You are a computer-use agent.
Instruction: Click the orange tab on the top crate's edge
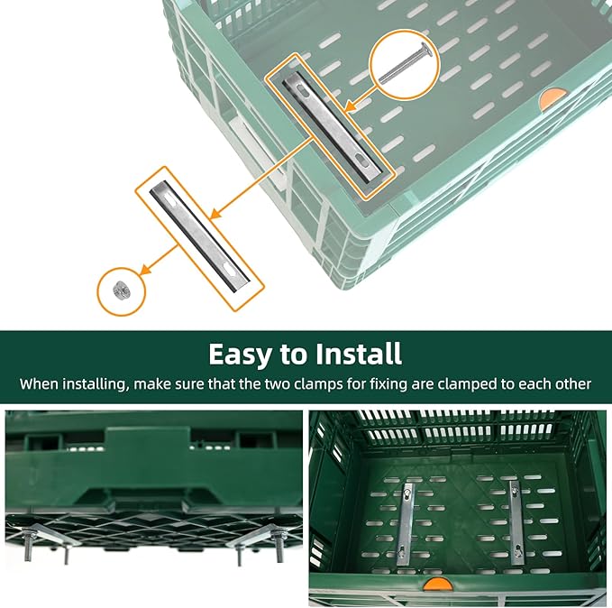tap(552, 96)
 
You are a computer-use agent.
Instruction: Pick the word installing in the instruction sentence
tap(92, 383)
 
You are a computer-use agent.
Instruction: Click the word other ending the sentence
tap(570, 383)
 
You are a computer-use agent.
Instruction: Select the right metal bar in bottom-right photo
tap(516, 522)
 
